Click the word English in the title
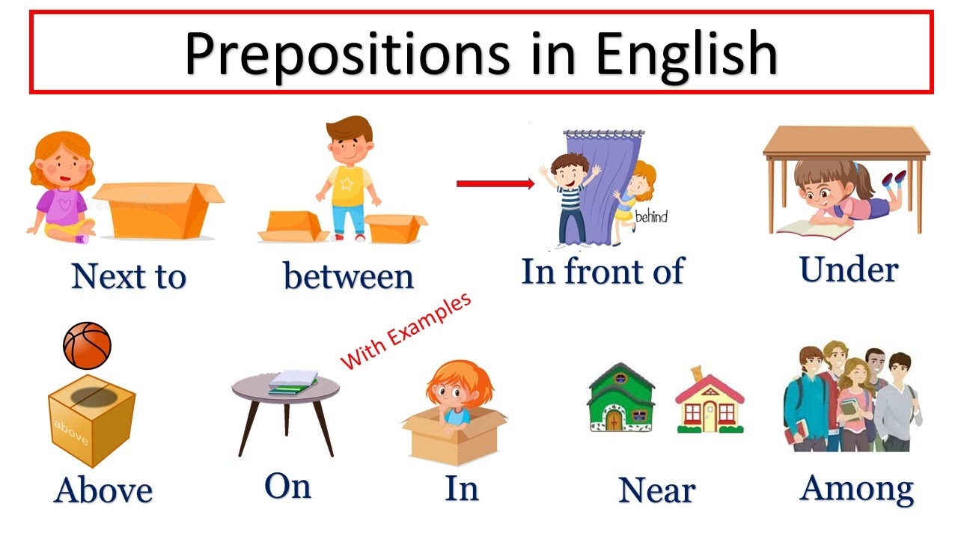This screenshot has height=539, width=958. tap(686, 54)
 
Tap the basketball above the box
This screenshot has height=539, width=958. tap(87, 346)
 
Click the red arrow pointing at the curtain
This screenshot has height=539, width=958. tap(495, 183)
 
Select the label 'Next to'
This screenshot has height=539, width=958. tap(128, 276)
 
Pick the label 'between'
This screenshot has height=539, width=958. tap(348, 276)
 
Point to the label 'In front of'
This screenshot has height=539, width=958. tap(602, 270)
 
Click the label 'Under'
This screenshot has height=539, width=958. tap(848, 269)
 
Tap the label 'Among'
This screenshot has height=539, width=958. tap(856, 488)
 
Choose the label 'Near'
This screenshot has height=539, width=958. tap(656, 490)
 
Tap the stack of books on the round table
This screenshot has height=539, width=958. tap(293, 380)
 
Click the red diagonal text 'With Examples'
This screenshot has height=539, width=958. tap(406, 330)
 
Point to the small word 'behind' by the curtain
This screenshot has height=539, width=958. tap(650, 218)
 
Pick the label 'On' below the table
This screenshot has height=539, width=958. tap(287, 487)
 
